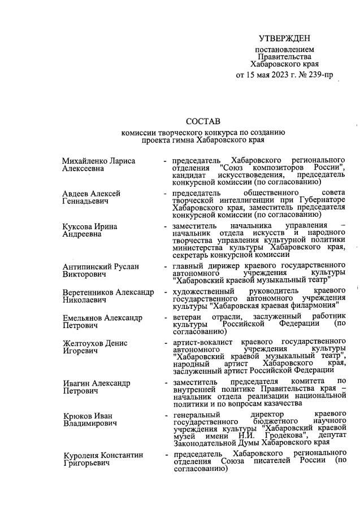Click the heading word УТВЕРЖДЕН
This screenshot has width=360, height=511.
[x=284, y=38]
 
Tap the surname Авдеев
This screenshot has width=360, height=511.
[x=76, y=194]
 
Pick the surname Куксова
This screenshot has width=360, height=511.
[x=79, y=226]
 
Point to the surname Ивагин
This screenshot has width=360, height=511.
[x=76, y=383]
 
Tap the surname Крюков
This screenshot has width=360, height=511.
[x=76, y=416]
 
